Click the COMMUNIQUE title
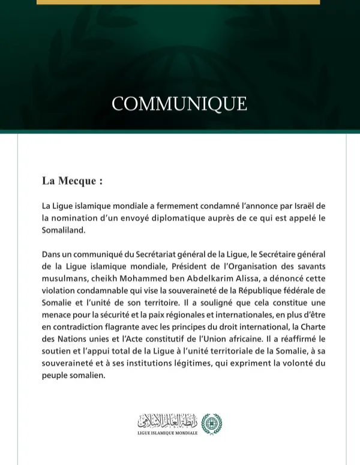coord(179,104)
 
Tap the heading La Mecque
coord(72,181)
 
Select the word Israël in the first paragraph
coord(299,206)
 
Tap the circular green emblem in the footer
coord(211,424)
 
